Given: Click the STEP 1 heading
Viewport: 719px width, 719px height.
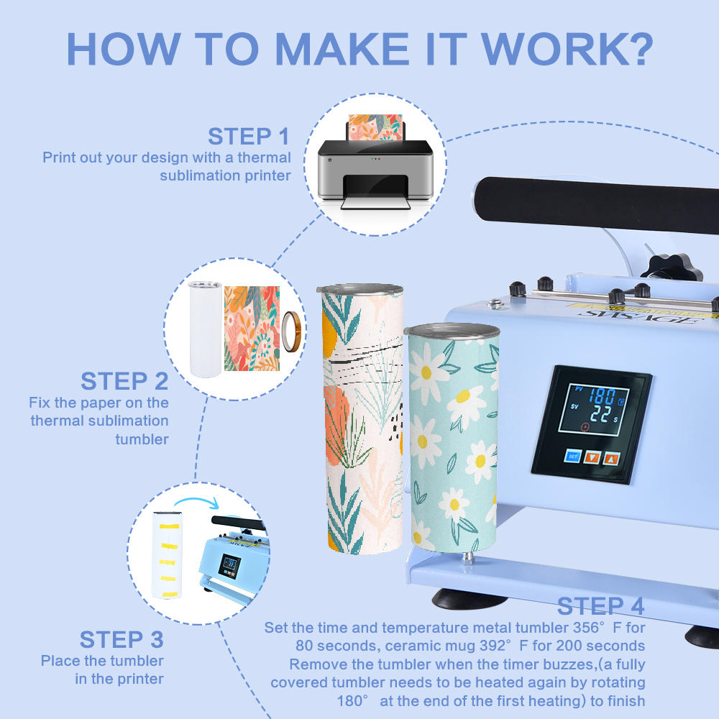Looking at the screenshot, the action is point(249,136).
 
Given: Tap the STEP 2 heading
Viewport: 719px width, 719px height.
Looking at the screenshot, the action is point(124,381).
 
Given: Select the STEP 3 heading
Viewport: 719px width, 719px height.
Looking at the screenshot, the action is point(122,640).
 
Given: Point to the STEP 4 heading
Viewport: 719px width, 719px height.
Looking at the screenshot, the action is point(600,606).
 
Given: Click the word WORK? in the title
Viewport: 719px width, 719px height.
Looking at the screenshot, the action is point(567,49).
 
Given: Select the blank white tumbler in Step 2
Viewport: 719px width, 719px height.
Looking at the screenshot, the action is point(205,329).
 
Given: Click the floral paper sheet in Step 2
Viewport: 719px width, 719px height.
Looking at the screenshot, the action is point(252,329).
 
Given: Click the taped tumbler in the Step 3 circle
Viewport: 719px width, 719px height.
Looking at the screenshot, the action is point(168,555).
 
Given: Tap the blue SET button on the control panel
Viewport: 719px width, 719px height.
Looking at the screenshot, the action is point(573,456).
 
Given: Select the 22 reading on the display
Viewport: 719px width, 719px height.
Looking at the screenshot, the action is point(600,415).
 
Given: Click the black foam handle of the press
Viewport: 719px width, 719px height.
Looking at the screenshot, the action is point(596,204).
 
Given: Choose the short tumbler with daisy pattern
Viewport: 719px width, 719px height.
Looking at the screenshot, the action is point(452,438).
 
